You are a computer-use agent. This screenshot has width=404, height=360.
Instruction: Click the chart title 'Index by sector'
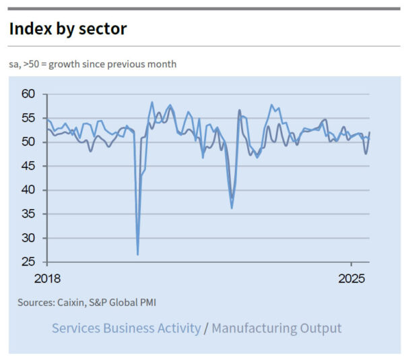tap(68, 29)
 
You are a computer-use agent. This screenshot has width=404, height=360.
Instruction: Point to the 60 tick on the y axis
tap(28, 94)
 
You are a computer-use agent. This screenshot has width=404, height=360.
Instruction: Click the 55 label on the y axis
tap(28, 118)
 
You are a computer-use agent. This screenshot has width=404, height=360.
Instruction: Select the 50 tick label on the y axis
tap(28, 142)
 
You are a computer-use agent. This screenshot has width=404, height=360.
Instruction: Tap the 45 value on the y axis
tap(28, 166)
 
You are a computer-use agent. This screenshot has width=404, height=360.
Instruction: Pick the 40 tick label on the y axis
tap(28, 189)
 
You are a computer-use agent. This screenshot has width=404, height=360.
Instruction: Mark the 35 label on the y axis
tap(28, 214)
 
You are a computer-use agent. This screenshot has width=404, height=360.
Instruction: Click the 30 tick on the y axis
tap(28, 237)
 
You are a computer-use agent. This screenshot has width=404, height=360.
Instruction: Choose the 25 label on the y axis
tap(28, 262)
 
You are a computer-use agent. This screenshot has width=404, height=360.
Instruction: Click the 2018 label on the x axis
tap(47, 278)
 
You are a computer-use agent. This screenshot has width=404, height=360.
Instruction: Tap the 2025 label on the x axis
tap(350, 278)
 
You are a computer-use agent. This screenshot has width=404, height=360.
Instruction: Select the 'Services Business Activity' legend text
tap(126, 328)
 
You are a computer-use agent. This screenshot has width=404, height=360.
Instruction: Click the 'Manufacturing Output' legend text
tap(277, 328)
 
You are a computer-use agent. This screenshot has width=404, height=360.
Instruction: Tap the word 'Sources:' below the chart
tap(35, 303)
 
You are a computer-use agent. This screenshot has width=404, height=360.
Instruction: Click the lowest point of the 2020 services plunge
tap(138, 254)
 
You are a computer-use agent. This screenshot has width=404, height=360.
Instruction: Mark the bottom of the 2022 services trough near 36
tap(232, 208)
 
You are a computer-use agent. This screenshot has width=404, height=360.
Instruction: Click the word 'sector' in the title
tap(105, 29)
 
